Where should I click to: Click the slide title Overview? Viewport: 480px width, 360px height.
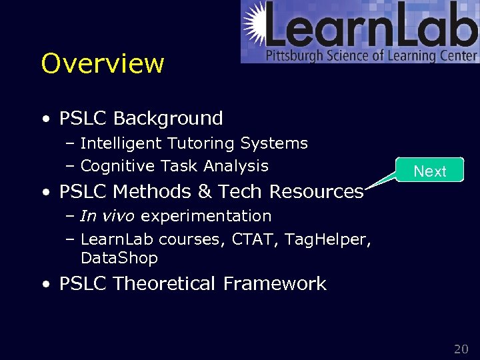tap(102, 63)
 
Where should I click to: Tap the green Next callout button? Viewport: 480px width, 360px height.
tap(430, 171)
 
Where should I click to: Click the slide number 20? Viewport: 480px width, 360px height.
tap(461, 349)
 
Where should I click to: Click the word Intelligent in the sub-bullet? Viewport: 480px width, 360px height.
tap(121, 143)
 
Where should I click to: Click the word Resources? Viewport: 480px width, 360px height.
tap(316, 192)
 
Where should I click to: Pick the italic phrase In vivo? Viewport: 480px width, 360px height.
tap(108, 216)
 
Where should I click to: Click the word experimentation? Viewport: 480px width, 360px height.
tap(206, 216)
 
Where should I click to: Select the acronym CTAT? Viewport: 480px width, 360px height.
tap(254, 239)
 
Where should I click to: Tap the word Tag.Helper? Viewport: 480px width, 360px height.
tap(327, 239)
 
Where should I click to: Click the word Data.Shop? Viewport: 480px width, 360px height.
tap(119, 258)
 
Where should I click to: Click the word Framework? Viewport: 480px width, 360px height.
tap(274, 284)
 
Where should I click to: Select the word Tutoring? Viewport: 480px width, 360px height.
tap(201, 143)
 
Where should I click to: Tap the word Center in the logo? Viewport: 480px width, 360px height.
tap(460, 56)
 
